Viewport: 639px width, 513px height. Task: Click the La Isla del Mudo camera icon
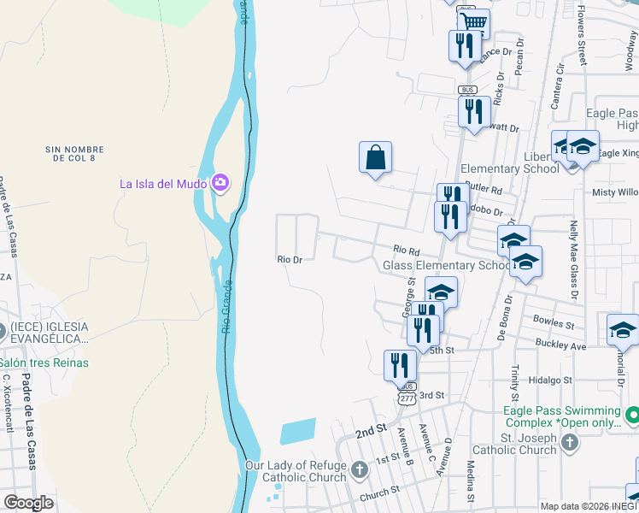coord(220,182)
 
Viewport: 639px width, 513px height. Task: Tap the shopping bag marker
coord(375,157)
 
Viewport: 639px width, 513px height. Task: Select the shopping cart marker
coord(472,22)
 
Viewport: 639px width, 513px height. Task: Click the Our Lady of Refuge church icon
coord(361,469)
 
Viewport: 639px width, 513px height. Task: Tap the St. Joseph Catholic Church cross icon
coord(571,442)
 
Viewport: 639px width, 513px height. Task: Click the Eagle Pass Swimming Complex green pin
coord(632,416)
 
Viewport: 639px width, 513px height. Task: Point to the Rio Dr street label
coord(290,259)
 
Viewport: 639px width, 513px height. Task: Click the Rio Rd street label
coord(407,251)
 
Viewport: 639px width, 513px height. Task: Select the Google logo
coord(28,503)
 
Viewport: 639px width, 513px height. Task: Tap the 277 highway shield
coord(405,398)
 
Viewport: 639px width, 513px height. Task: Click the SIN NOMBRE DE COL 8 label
coord(78,154)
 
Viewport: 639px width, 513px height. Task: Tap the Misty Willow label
coord(615,192)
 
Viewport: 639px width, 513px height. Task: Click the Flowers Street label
coord(581,34)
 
